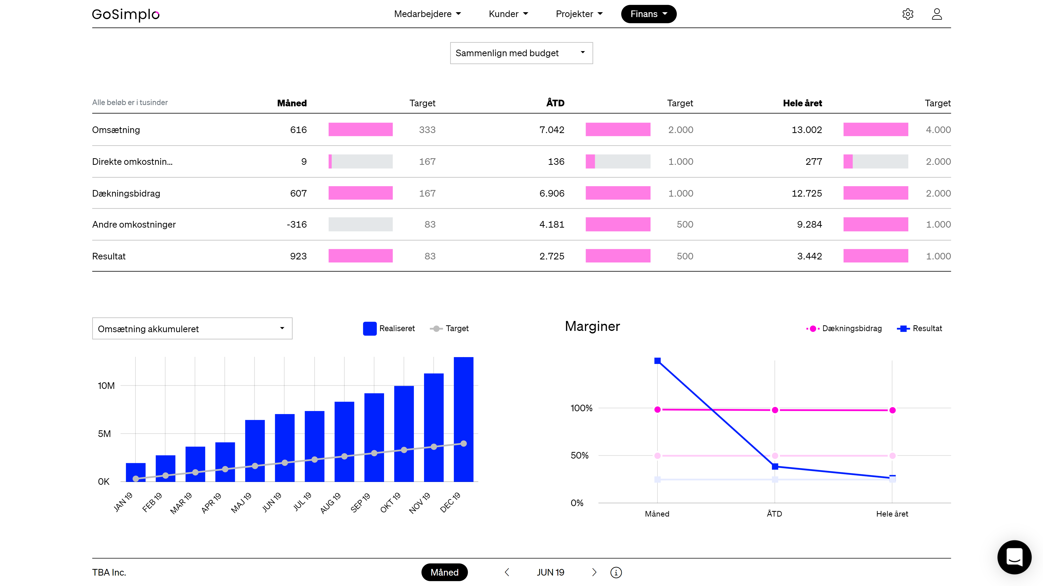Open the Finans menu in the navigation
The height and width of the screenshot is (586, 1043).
(x=648, y=14)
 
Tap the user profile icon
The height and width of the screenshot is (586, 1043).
(x=937, y=14)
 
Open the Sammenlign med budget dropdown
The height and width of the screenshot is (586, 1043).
(x=521, y=53)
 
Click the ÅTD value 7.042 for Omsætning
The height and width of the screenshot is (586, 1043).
(x=552, y=130)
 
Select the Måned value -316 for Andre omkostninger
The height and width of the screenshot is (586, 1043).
(x=297, y=225)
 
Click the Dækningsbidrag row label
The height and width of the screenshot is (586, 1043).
(x=126, y=194)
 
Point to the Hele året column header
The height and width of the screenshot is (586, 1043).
(x=802, y=103)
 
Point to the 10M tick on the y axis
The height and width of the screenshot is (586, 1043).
(x=106, y=386)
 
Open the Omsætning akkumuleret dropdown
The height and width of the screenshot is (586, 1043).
(x=192, y=329)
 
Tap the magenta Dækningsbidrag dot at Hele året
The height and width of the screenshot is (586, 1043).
(x=892, y=410)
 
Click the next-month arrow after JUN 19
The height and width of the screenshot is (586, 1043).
(x=594, y=572)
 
